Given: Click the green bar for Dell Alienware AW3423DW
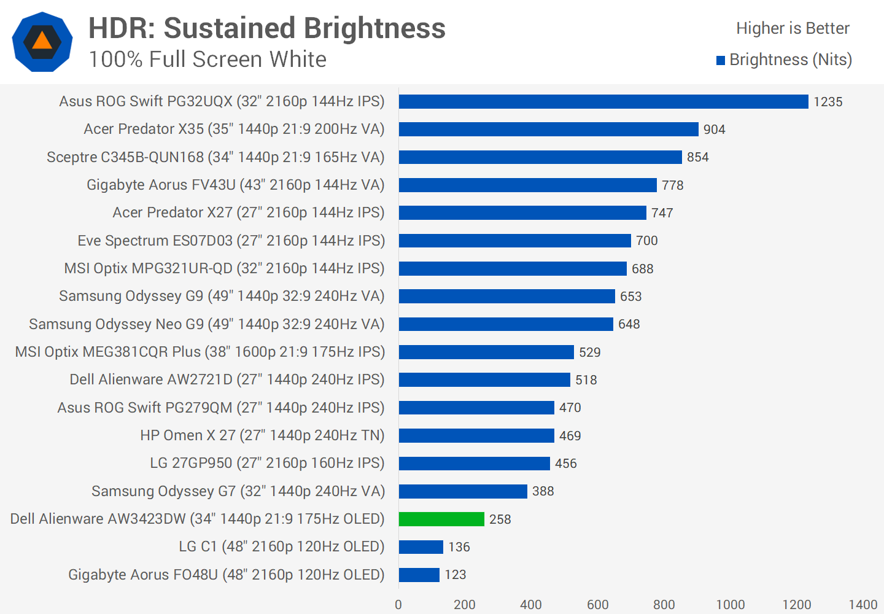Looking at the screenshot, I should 441,519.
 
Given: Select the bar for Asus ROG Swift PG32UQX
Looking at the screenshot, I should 603,101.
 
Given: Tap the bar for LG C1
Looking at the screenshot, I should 421,546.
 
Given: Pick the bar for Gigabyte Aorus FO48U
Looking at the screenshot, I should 419,575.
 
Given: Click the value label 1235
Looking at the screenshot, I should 828,102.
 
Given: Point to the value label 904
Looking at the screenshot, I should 715,130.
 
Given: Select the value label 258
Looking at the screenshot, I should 500,519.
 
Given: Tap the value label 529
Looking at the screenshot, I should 590,352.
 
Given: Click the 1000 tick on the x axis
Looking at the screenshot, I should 731,605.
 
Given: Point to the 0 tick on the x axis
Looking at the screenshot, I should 398,605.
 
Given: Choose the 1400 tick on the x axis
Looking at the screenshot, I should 863,605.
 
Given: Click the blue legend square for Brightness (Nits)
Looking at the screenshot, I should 721,60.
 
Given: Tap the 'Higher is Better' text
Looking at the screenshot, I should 793,28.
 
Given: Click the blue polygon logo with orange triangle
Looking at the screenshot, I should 42,42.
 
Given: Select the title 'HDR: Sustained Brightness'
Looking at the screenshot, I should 267,28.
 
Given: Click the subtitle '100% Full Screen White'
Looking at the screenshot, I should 207,60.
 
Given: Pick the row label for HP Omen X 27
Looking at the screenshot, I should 262,435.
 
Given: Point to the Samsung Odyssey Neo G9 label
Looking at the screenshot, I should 207,324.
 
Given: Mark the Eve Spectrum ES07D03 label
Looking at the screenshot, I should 231,241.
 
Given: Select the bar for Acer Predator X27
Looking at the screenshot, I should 522,212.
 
